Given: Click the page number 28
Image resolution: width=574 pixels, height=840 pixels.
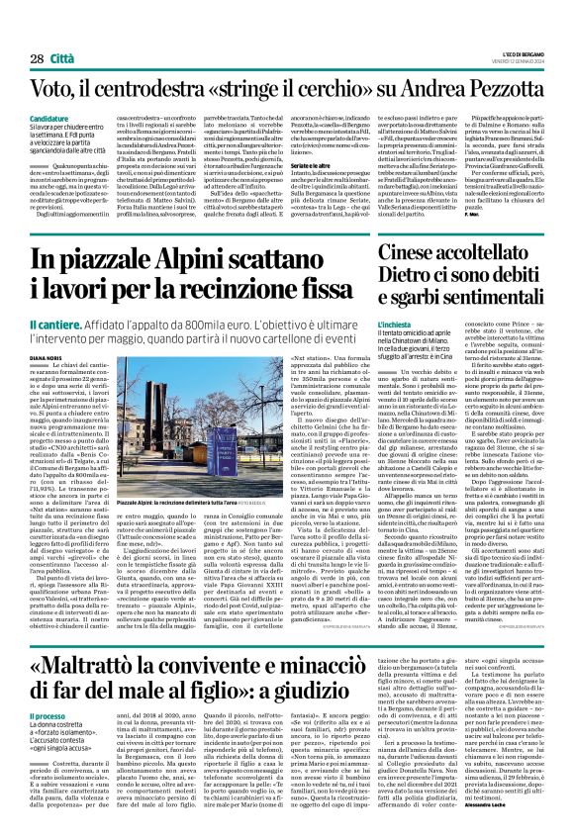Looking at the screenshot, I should pos(36,60).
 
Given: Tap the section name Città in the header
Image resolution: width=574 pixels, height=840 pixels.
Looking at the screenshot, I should pos(61,60).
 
